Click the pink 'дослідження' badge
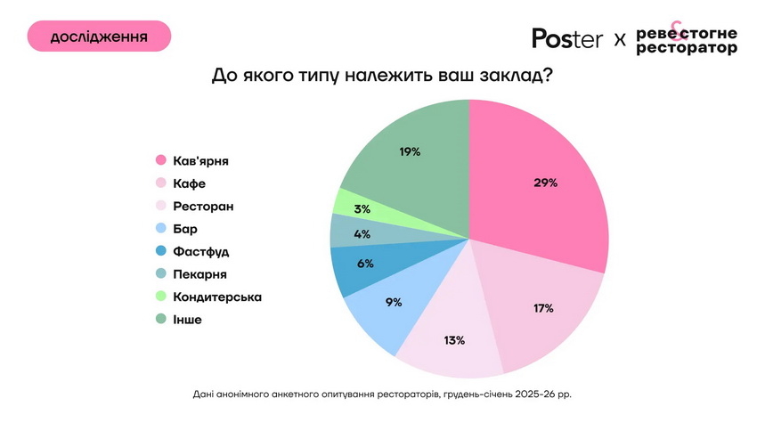[x=99, y=37]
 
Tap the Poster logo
[x=567, y=38]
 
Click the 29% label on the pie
[x=546, y=183]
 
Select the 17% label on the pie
[x=542, y=308]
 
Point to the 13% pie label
[x=454, y=340]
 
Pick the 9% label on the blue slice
[x=393, y=302]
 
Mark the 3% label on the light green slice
[x=362, y=207]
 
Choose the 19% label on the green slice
[x=410, y=152]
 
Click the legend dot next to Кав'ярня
[x=161, y=161]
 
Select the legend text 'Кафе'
[x=190, y=183]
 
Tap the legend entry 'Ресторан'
[x=204, y=207]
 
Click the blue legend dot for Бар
[x=161, y=229]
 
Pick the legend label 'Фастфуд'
[x=201, y=251]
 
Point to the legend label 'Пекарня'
[x=200, y=274]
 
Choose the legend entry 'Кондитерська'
[x=217, y=297]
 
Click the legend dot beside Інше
[x=161, y=319]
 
